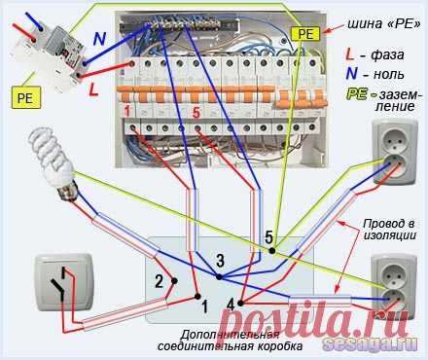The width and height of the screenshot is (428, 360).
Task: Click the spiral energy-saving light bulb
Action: point(53,165)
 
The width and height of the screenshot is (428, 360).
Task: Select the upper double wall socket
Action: point(394,152)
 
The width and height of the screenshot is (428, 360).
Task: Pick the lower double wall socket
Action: point(394,286)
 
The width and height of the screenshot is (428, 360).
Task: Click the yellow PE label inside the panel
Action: point(305,34)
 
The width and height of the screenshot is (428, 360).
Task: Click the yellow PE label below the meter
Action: point(25,97)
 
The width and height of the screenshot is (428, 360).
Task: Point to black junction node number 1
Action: point(197,296)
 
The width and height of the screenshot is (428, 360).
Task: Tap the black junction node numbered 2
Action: point(174,281)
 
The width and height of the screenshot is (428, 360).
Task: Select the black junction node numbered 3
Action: point(219,277)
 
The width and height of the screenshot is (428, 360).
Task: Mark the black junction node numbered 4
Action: point(240,304)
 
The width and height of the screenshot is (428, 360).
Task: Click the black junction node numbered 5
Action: point(272,251)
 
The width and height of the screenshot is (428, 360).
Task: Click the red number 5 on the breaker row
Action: point(196,113)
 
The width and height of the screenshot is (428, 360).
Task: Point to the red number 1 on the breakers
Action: point(127,111)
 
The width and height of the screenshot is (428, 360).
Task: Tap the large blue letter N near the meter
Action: point(99,39)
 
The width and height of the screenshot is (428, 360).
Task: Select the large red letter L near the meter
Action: point(93,90)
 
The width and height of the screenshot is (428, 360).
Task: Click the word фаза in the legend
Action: point(387,54)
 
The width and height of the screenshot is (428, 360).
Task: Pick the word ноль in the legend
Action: point(389,75)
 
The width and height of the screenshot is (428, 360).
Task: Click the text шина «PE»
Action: point(384,23)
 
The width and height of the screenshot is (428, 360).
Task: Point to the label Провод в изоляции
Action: point(389,230)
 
